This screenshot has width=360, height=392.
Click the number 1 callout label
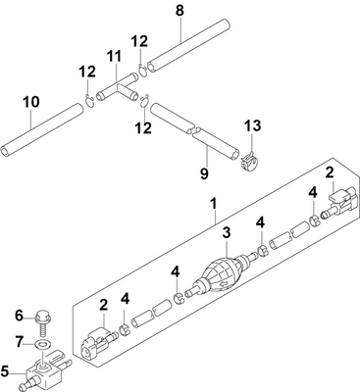213,205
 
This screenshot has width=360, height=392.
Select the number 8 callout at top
179,11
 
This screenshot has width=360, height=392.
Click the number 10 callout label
30,101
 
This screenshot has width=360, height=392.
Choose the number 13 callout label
253,125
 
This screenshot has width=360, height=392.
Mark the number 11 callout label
115,56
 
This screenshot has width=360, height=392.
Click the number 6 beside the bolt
19,315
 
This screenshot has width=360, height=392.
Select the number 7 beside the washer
19,341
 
